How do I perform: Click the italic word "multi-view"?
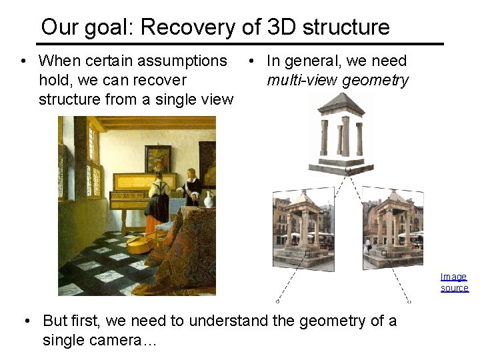click(301, 81)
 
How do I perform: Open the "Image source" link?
click(454, 282)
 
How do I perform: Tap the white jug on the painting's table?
click(209, 199)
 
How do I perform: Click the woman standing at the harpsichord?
click(158, 200)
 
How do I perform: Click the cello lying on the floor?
click(147, 241)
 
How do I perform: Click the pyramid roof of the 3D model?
click(341, 105)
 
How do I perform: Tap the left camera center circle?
click(277, 301)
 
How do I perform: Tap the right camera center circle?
click(409, 301)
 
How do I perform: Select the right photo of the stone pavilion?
click(392, 227)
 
